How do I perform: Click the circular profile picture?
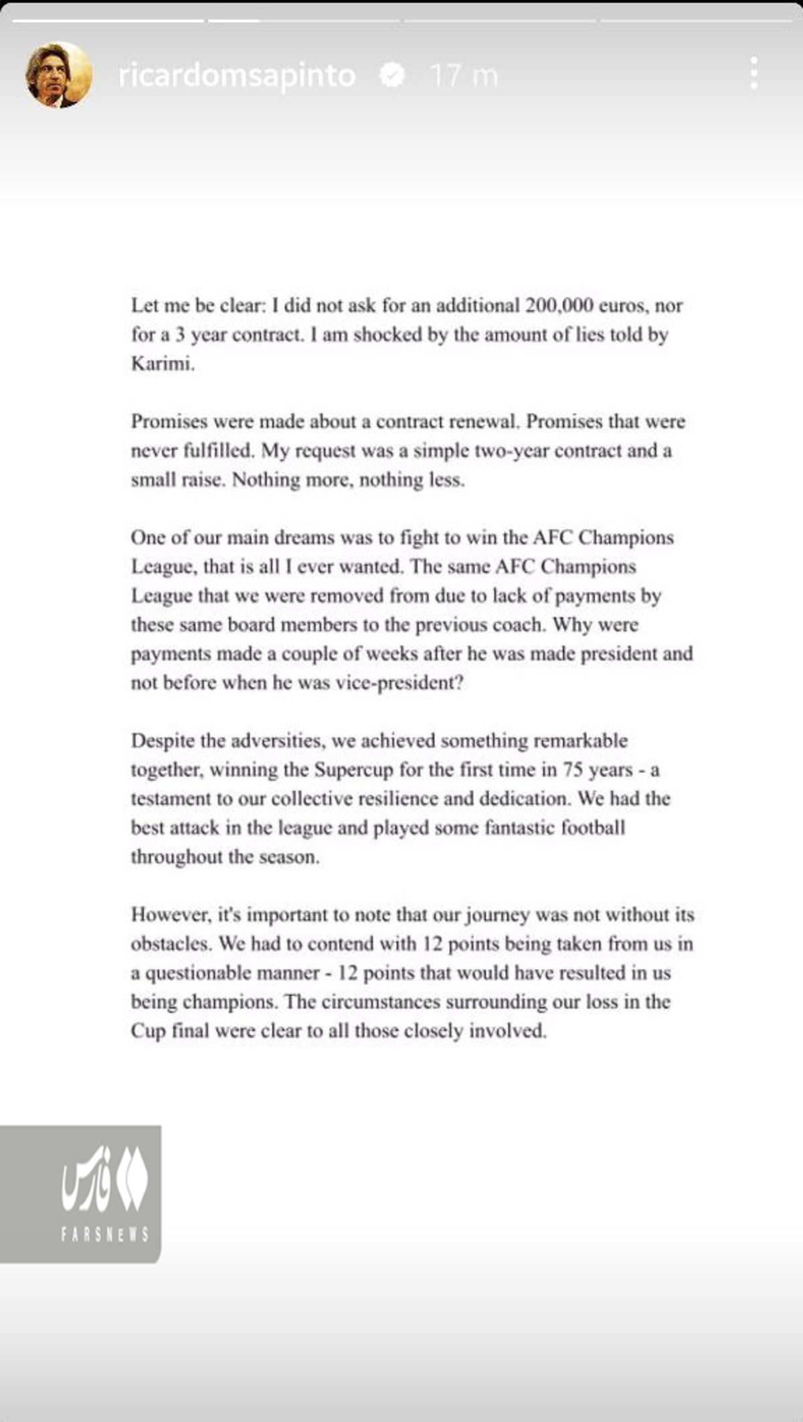pyautogui.click(x=58, y=75)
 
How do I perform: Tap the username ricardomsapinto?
pyautogui.click(x=237, y=76)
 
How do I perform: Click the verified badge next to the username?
pyautogui.click(x=391, y=75)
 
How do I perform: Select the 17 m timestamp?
pyautogui.click(x=464, y=76)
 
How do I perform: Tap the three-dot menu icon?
pyautogui.click(x=754, y=73)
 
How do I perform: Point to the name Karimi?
pyautogui.click(x=163, y=364)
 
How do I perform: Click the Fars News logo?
pyautogui.click(x=104, y=1179)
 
